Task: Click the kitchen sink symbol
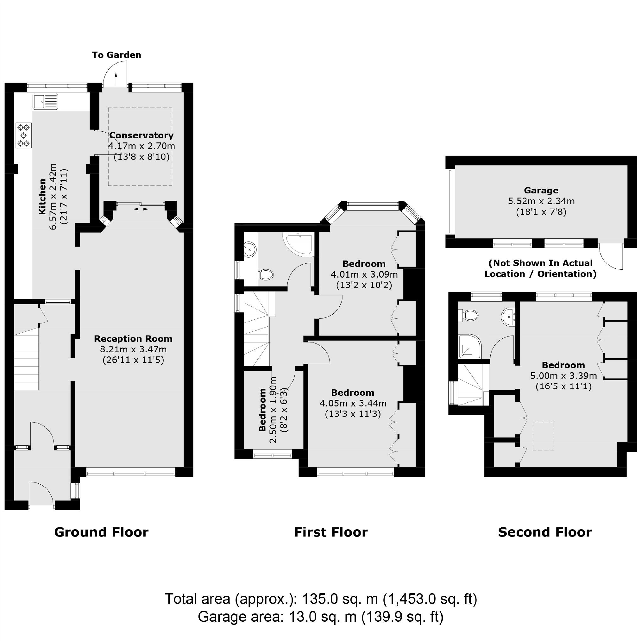pyautogui.click(x=46, y=102)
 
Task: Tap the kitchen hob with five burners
pyautogui.click(x=23, y=135)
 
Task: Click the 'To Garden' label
pyautogui.click(x=116, y=55)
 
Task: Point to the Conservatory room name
pyautogui.click(x=141, y=135)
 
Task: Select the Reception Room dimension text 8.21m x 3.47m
pyautogui.click(x=133, y=349)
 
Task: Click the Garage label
pyautogui.click(x=541, y=191)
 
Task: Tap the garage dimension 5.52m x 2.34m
pyautogui.click(x=541, y=201)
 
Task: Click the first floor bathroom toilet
pyautogui.click(x=266, y=274)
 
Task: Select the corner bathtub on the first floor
pyautogui.click(x=298, y=244)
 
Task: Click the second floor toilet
pyautogui.click(x=468, y=315)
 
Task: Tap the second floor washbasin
pyautogui.click(x=508, y=317)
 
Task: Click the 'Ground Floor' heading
pyautogui.click(x=101, y=532)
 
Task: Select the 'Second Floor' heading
pyautogui.click(x=545, y=532)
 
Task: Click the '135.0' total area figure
pyautogui.click(x=320, y=599)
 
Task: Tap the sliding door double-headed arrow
pyautogui.click(x=141, y=209)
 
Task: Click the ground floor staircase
pyautogui.click(x=27, y=361)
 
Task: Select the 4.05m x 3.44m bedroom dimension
pyautogui.click(x=353, y=404)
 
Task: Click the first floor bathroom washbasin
pyautogui.click(x=250, y=249)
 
